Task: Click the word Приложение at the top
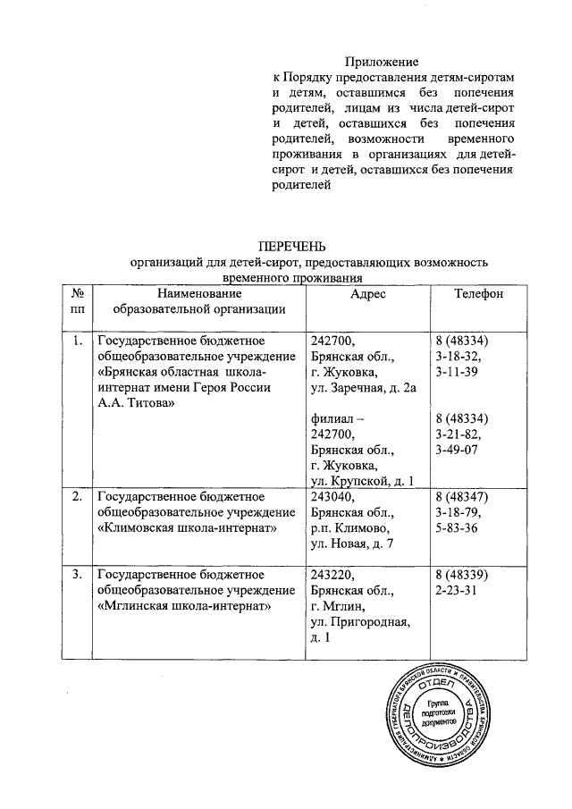382,62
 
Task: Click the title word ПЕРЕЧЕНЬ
292,246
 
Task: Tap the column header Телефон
478,294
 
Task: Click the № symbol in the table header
76,294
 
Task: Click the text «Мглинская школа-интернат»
184,605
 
